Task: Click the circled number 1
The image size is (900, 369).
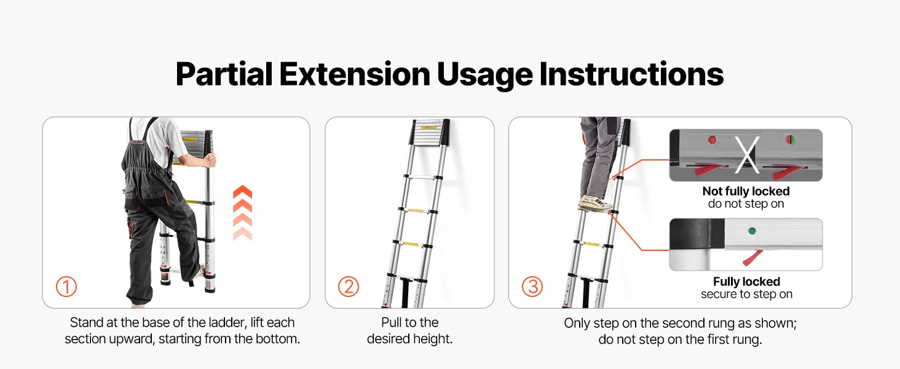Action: [66, 287]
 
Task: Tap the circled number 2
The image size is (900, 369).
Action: [349, 287]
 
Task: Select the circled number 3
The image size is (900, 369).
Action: [532, 287]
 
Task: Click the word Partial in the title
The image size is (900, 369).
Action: [224, 75]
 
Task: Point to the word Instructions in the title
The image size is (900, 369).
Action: [631, 74]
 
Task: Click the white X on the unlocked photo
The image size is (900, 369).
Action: [747, 155]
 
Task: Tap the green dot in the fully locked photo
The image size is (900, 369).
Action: [752, 231]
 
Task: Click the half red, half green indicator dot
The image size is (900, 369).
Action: [791, 140]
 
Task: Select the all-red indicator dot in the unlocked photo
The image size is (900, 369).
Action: [712, 140]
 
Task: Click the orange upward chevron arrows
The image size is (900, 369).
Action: [243, 213]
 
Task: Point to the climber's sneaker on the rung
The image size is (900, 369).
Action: [595, 204]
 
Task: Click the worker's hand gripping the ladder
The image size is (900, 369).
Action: [210, 161]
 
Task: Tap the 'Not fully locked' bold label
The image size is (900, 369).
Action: [746, 191]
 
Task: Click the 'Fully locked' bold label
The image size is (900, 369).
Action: [746, 282]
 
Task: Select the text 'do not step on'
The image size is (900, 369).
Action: [746, 204]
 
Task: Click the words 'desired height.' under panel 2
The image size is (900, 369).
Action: [410, 339]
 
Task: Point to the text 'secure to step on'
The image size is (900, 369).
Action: [746, 294]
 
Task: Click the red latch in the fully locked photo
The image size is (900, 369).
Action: [752, 258]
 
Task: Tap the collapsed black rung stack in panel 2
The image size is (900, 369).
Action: [430, 132]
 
